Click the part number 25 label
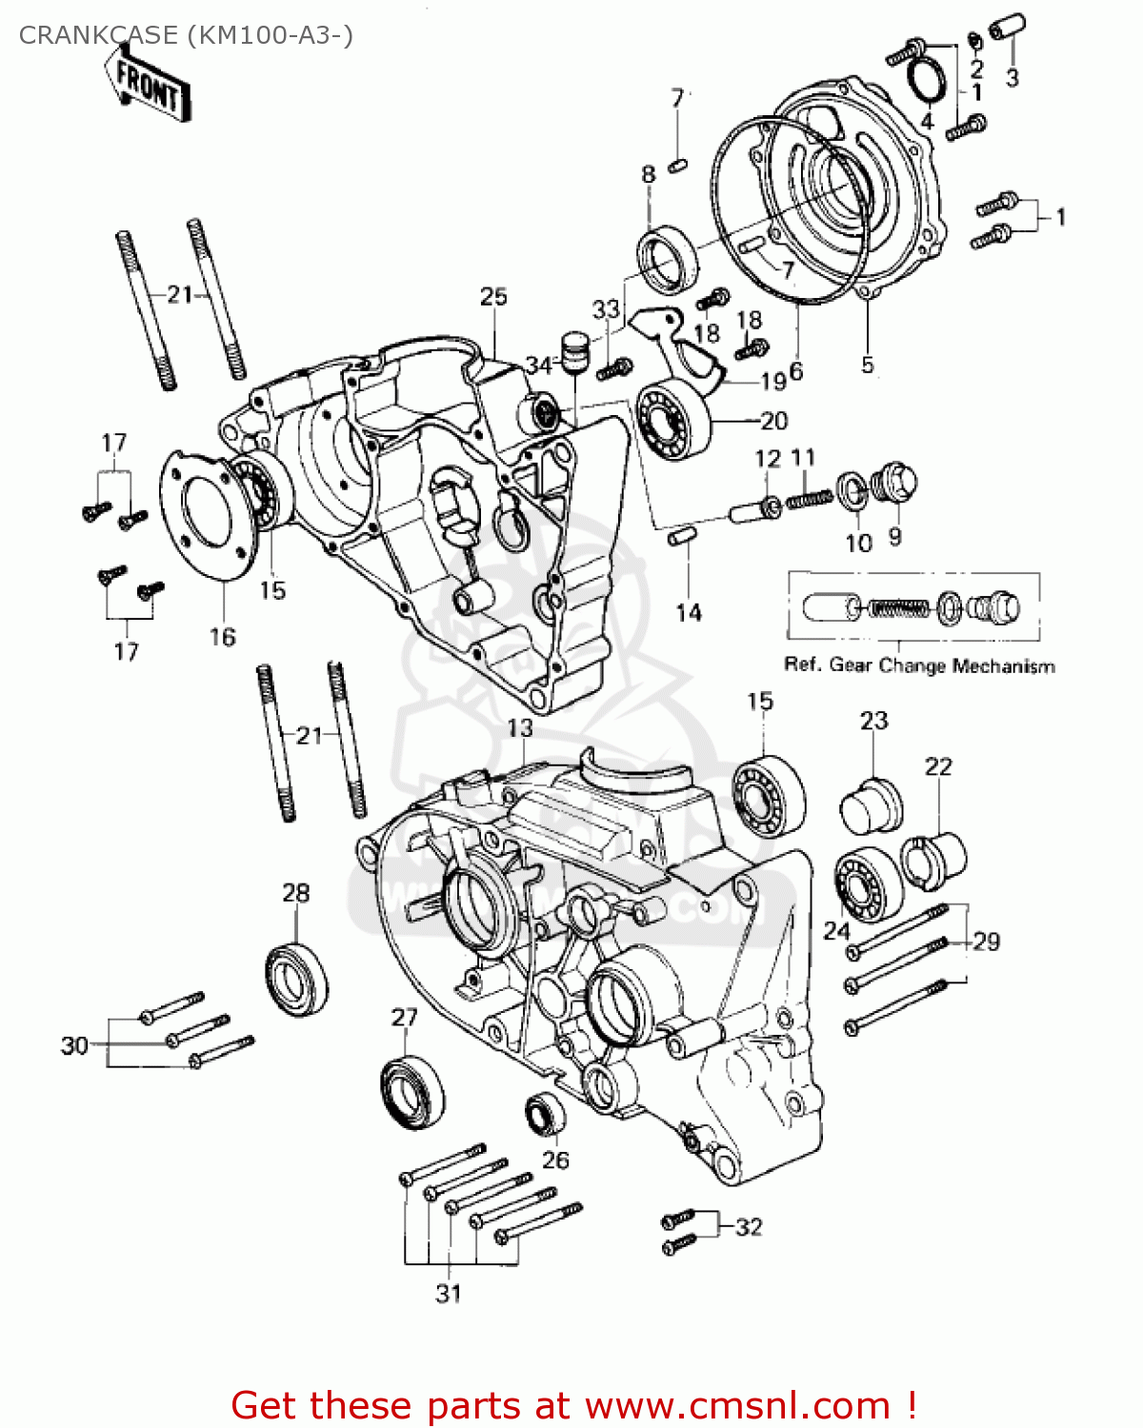click(493, 296)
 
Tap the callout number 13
click(520, 728)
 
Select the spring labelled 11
click(809, 497)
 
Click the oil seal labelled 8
click(666, 259)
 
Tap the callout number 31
click(449, 1293)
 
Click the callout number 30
click(74, 1045)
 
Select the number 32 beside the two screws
click(749, 1227)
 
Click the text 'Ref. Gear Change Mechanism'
click(919, 665)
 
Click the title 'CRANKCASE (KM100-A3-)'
click(186, 35)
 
